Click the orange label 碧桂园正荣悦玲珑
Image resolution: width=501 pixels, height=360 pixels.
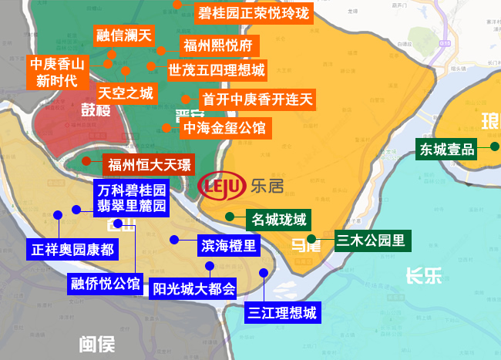pyautogui.click(x=253, y=13)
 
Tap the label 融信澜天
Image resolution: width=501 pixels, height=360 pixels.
pyautogui.click(x=125, y=35)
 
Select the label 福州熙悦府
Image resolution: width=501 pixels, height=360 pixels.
pyautogui.click(x=217, y=45)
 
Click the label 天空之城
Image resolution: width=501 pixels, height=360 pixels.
pyautogui.click(x=126, y=93)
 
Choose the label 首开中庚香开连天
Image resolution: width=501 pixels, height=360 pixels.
pyautogui.click(x=257, y=99)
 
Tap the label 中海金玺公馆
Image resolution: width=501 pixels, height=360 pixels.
pyautogui.click(x=224, y=127)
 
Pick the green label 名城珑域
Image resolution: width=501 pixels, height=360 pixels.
pyautogui.click(x=279, y=219)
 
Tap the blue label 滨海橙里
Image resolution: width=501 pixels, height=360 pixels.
pyautogui.click(x=229, y=245)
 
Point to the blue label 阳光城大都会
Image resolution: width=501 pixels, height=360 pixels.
pyautogui.click(x=193, y=289)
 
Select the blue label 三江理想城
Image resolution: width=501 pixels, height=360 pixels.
pyautogui.click(x=282, y=313)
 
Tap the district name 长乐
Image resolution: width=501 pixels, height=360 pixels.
pyautogui.click(x=423, y=275)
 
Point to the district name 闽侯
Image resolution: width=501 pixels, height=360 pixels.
pyautogui.click(x=96, y=344)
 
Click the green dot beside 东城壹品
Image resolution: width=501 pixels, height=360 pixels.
pyautogui.click(x=493, y=145)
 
